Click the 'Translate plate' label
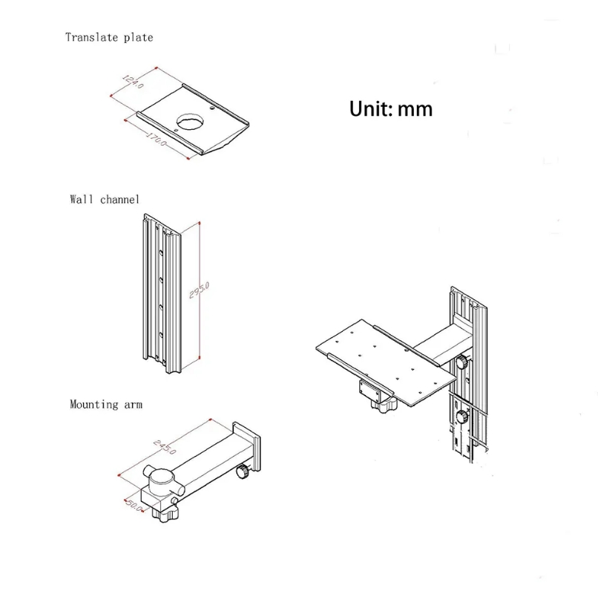pyautogui.click(x=109, y=37)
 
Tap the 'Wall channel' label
pyautogui.click(x=105, y=199)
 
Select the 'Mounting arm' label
pyautogui.click(x=106, y=405)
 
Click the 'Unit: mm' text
pyautogui.click(x=391, y=108)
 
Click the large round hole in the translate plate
pyautogui.click(x=191, y=120)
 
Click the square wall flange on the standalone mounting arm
pyautogui.click(x=245, y=448)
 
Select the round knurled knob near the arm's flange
pyautogui.click(x=242, y=472)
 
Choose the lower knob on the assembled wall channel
pyautogui.click(x=461, y=417)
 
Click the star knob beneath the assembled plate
pyautogui.click(x=382, y=405)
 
